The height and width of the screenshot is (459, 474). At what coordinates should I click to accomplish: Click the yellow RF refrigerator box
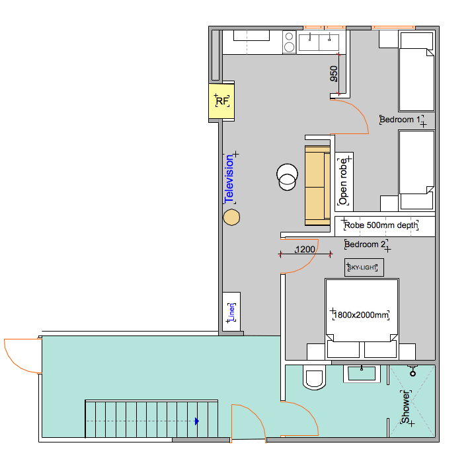(221, 101)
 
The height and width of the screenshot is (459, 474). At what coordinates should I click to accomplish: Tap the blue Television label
(229, 179)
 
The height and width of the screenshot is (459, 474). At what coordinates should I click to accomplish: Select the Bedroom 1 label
(400, 120)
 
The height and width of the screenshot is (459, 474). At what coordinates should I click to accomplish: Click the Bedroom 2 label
(365, 244)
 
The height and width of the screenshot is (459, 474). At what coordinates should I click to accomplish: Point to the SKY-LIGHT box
(364, 267)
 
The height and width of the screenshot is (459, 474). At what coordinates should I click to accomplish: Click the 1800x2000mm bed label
(361, 315)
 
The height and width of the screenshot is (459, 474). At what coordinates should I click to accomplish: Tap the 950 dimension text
(334, 74)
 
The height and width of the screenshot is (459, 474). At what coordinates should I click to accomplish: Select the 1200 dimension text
(305, 250)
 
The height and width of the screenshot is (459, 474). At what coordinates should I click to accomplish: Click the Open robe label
(343, 182)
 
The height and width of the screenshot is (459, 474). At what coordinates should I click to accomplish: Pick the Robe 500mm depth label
(381, 225)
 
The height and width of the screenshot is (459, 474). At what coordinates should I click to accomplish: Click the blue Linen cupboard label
(231, 312)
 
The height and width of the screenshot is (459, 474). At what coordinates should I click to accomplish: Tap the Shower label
(405, 407)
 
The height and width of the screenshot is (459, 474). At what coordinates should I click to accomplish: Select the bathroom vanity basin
(362, 374)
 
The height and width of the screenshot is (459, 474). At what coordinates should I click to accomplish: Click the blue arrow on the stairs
(197, 421)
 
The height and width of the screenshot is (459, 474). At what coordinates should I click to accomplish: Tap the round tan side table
(231, 217)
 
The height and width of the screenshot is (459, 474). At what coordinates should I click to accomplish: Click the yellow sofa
(317, 186)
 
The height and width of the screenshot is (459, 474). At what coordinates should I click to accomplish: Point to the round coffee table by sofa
(287, 177)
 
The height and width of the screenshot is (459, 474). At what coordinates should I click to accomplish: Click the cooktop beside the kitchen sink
(290, 42)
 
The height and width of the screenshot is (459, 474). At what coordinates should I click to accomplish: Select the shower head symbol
(413, 371)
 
